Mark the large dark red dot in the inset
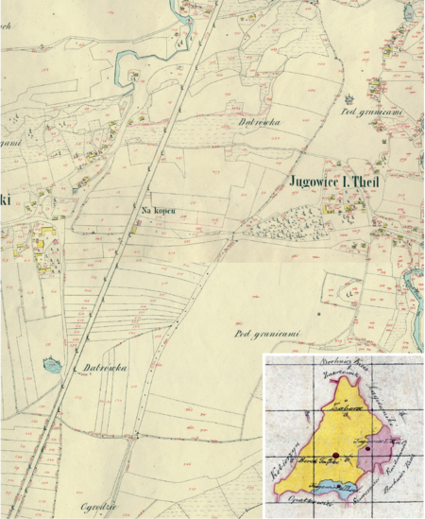pyautogui.click(x=335, y=455)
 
